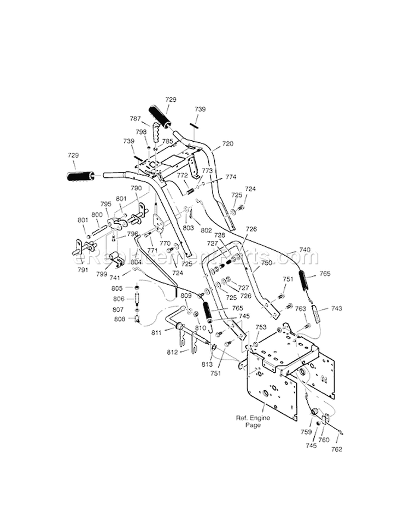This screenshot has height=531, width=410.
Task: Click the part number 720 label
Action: [227, 144]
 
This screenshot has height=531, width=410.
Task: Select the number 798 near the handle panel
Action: [141, 132]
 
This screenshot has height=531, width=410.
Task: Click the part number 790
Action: [136, 188]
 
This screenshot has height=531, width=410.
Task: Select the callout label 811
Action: [157, 332]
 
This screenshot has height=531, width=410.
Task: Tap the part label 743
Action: [337, 308]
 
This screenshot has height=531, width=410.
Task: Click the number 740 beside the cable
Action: [304, 250]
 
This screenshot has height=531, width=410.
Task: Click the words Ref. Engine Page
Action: [249, 421]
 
